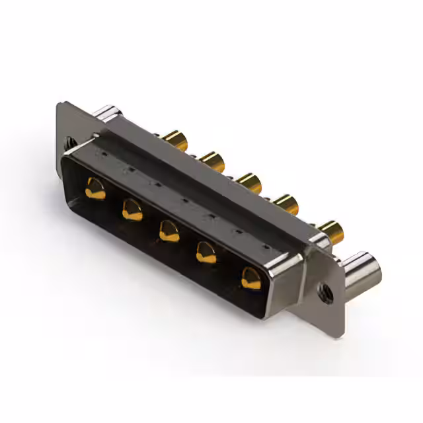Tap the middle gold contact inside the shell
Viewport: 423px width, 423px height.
coord(169,231)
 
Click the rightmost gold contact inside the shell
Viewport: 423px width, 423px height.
coord(251,278)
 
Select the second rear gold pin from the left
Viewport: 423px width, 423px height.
coord(212,159)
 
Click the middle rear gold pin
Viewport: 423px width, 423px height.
coord(249,181)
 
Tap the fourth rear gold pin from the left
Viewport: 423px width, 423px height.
coord(286,201)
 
